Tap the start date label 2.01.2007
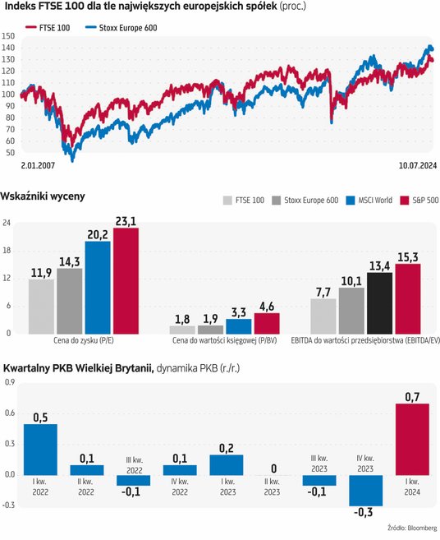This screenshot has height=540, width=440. pyautogui.click(x=39, y=165)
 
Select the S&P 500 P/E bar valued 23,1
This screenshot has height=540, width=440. pyautogui.click(x=126, y=280)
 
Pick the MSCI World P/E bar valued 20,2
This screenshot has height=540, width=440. pyautogui.click(x=97, y=287)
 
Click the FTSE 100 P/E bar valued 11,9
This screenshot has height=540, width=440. pyautogui.click(x=41, y=306)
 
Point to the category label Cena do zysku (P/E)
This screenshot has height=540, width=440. pyautogui.click(x=83, y=340)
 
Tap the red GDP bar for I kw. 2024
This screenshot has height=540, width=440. pyautogui.click(x=412, y=439)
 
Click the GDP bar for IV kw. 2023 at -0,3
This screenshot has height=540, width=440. pyautogui.click(x=364, y=490)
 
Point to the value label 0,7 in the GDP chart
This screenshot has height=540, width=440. pyautogui.click(x=412, y=396)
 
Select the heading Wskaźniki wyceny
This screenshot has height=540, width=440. pyautogui.click(x=43, y=196)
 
